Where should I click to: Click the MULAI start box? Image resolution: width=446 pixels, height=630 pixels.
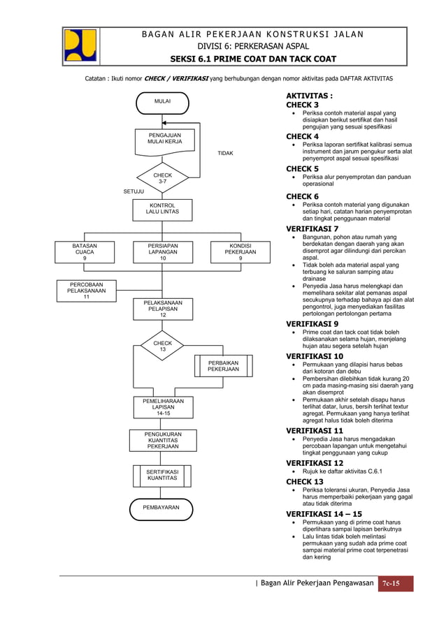162,102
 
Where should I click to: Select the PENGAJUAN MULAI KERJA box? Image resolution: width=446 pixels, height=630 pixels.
162,138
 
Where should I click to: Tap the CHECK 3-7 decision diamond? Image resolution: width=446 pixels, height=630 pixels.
162,178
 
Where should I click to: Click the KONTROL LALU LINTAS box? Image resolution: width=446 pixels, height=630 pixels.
162,208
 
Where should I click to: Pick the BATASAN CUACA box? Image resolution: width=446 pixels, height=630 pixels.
85,252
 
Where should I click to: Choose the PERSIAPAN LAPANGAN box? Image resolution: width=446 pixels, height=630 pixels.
162,252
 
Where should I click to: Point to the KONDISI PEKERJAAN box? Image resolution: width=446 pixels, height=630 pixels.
240,252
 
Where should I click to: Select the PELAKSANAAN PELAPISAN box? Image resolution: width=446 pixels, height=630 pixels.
162,309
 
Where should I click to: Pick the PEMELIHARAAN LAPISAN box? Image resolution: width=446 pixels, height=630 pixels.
162,407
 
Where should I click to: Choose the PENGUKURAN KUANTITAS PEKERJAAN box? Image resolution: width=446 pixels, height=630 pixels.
162,441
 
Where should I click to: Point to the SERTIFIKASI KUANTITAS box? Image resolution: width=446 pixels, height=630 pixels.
162,476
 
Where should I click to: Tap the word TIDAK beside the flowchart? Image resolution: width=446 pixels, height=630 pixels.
225,153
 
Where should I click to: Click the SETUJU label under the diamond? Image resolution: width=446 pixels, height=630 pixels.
135,190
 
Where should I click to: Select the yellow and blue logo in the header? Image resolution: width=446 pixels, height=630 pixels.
80,45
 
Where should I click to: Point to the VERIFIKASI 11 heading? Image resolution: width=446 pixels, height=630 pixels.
315,431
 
